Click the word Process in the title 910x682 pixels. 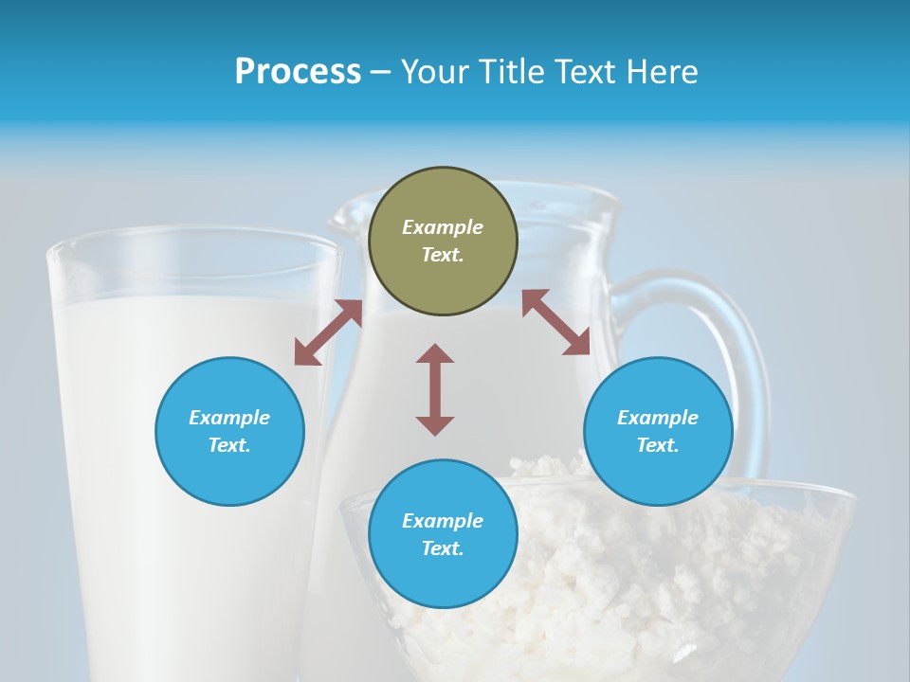click(x=298, y=72)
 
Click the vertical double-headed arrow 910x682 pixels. click(x=435, y=389)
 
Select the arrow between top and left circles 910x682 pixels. click(x=328, y=332)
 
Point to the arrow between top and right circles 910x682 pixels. click(x=556, y=322)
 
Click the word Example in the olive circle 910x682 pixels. click(x=443, y=227)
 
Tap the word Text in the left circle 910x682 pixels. click(x=229, y=445)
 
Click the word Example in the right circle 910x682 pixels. click(x=658, y=418)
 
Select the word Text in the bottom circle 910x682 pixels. click(x=443, y=548)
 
